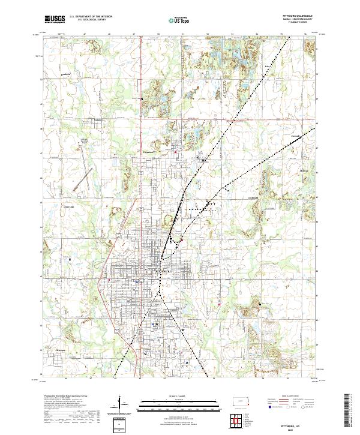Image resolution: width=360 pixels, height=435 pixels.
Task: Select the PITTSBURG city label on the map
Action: click(x=163, y=272)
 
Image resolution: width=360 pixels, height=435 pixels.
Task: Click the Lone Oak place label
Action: click(x=68, y=208)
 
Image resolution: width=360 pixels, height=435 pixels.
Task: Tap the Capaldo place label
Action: click(x=99, y=119)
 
